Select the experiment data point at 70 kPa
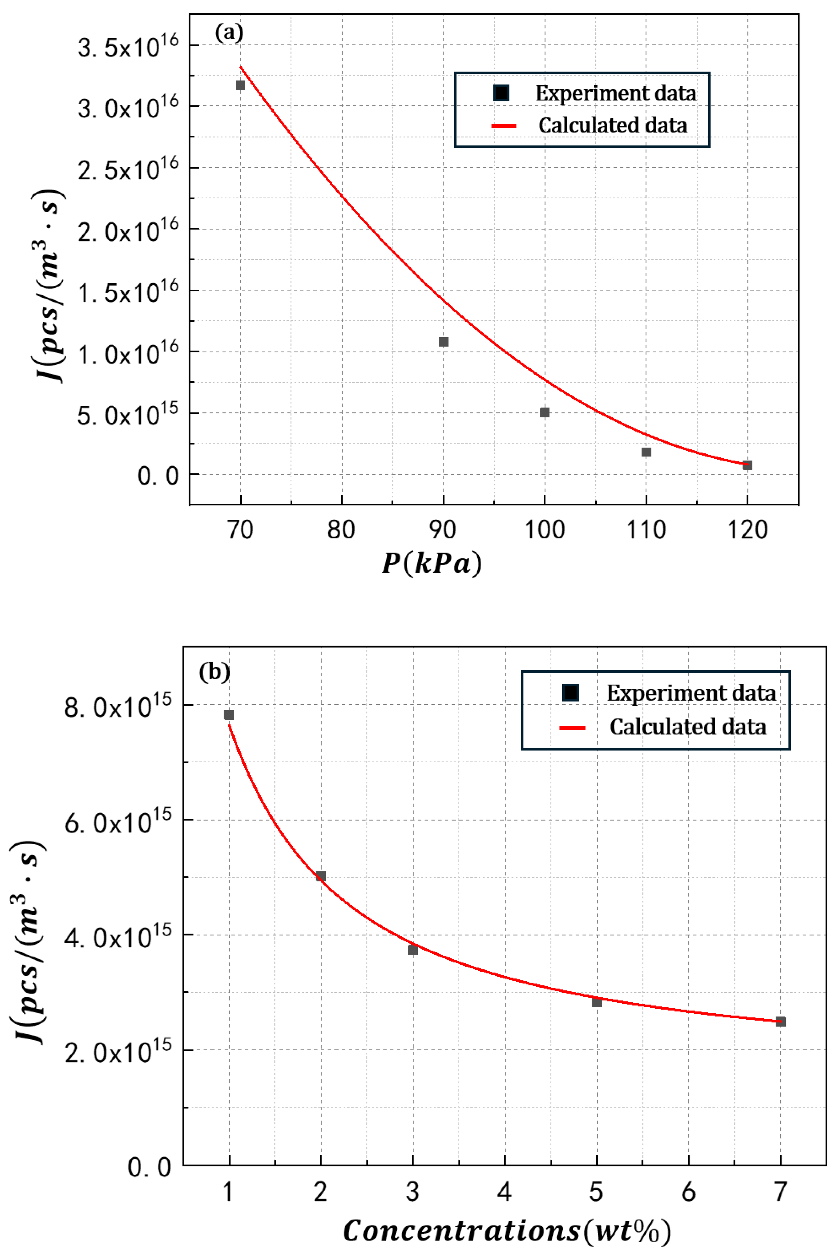(240, 85)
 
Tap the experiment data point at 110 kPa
(646, 452)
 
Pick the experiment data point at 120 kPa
(747, 465)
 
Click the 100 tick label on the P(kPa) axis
(544, 530)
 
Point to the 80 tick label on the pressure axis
(341, 530)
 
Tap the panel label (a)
(229, 33)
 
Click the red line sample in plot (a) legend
(503, 126)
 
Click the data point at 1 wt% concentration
(229, 715)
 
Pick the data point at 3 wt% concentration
(412, 949)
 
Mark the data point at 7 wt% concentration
(781, 1022)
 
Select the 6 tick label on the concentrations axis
(689, 1192)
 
